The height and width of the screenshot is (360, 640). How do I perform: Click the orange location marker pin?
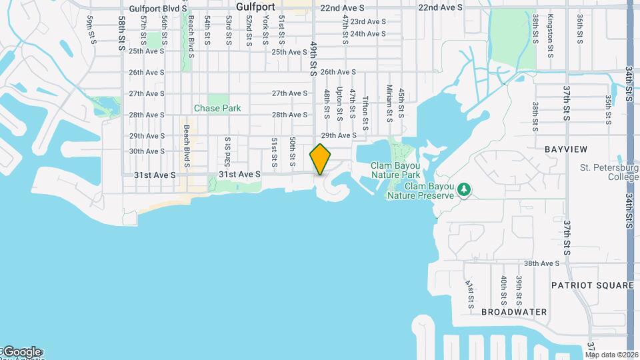[x=321, y=159]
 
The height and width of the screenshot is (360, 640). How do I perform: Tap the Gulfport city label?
[x=256, y=7]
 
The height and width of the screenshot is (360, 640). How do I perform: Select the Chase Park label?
[x=217, y=108]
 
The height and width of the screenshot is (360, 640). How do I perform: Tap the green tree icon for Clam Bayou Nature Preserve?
[x=464, y=190]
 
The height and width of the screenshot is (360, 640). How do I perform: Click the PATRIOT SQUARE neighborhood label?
[x=592, y=285]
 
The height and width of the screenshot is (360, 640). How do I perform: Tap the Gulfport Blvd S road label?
[x=156, y=9]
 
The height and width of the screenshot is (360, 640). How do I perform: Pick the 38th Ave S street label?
[x=541, y=263]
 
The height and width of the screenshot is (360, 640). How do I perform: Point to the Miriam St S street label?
[x=389, y=103]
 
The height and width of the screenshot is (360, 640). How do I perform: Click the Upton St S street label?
[x=340, y=103]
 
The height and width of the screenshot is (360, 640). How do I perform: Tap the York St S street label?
[x=265, y=29]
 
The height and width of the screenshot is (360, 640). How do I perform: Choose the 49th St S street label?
[x=313, y=59]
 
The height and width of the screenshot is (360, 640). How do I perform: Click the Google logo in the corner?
[x=22, y=351]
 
